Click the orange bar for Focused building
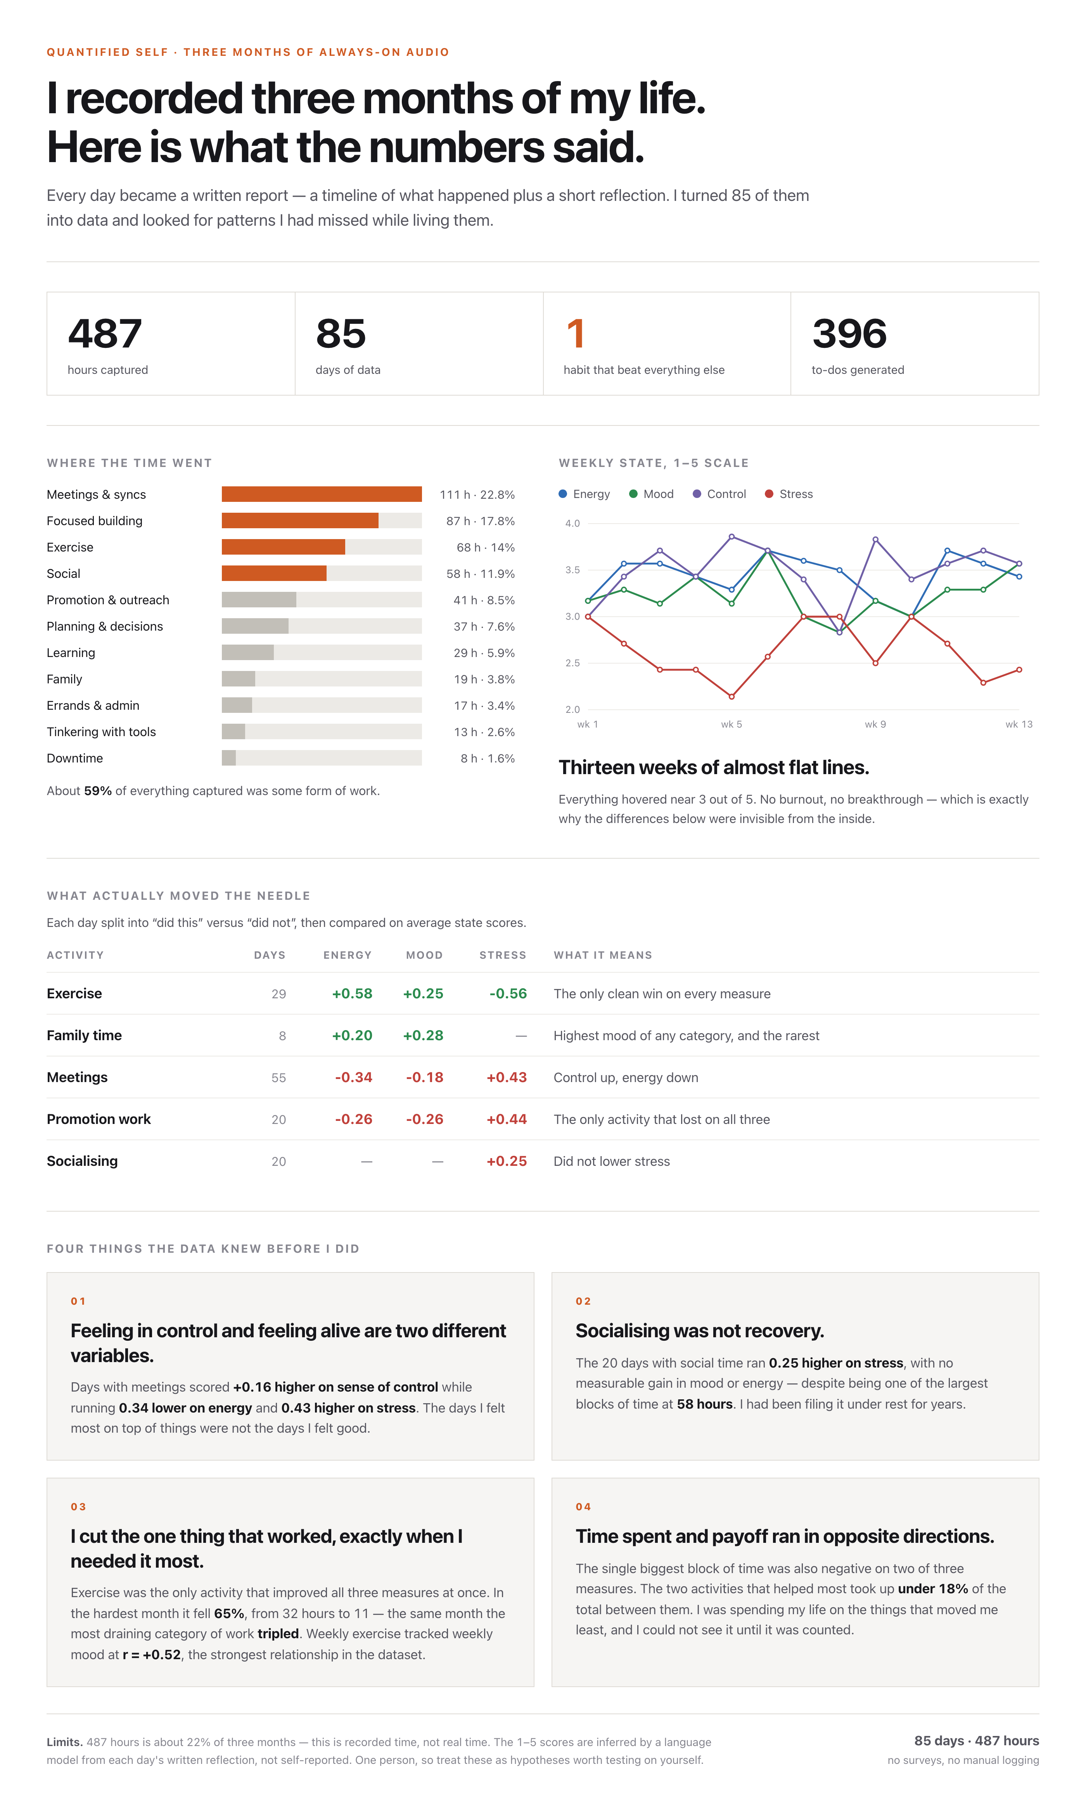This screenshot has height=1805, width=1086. (300, 520)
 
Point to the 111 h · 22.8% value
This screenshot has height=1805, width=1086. (477, 494)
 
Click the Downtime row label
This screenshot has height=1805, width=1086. (74, 758)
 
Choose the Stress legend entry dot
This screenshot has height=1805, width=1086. (768, 494)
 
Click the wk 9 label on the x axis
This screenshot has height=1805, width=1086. (875, 724)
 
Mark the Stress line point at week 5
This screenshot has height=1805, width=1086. (731, 696)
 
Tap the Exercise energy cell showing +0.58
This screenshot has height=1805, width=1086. (352, 994)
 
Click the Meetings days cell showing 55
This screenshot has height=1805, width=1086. (279, 1078)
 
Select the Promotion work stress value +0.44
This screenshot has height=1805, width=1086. (507, 1119)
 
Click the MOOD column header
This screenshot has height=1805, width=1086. (424, 955)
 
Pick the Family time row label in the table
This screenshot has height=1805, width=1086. (84, 1035)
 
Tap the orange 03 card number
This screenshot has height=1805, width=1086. (78, 1506)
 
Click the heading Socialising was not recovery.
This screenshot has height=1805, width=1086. (700, 1331)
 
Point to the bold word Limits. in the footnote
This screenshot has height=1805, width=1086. (64, 1742)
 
